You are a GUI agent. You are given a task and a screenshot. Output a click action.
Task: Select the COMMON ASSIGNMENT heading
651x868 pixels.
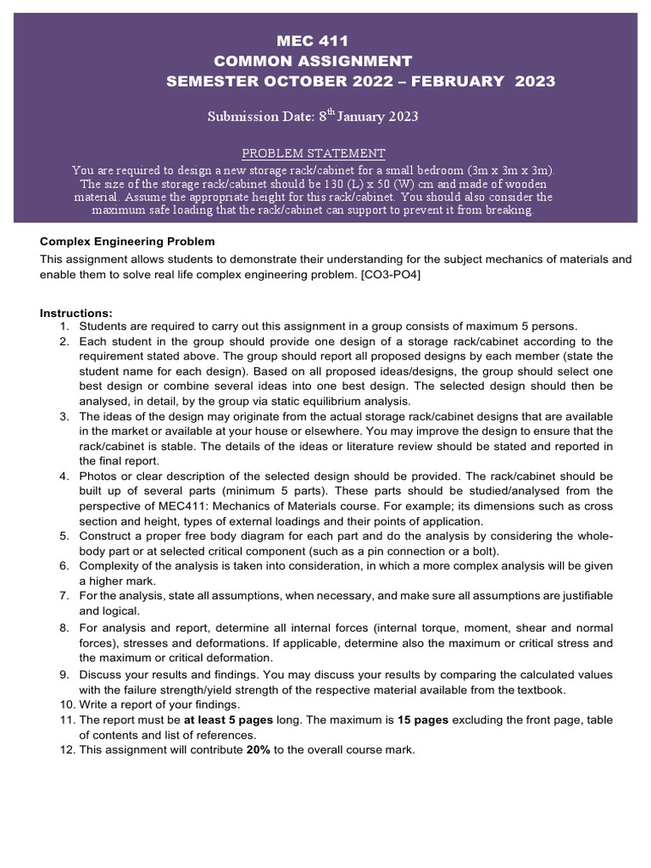[x=314, y=61]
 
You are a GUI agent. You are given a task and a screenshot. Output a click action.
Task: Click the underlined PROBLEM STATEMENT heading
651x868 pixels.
[x=314, y=153]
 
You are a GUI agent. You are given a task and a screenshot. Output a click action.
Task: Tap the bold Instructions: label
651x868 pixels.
[x=75, y=313]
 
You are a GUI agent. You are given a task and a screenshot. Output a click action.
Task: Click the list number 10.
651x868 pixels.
[x=66, y=704]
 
